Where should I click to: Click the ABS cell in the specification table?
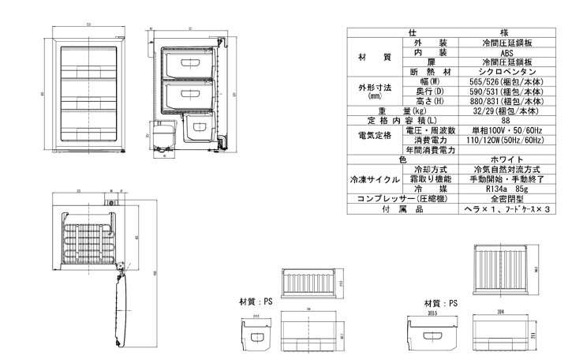pyautogui.click(x=507, y=52)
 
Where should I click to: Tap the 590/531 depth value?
pyautogui.click(x=507, y=92)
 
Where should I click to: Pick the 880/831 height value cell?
pyautogui.click(x=507, y=101)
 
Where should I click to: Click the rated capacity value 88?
pyautogui.click(x=507, y=121)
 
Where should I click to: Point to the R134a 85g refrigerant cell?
pyautogui.click(x=507, y=189)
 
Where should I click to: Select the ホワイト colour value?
pyautogui.click(x=507, y=159)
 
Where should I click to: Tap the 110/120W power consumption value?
pyautogui.click(x=507, y=140)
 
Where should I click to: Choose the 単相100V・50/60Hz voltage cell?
pyautogui.click(x=507, y=130)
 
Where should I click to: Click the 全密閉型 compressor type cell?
pyautogui.click(x=507, y=199)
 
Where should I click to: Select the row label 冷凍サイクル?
pyautogui.click(x=376, y=179)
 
